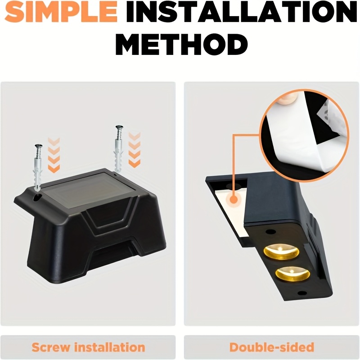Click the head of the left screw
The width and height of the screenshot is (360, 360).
pyautogui.click(x=39, y=146)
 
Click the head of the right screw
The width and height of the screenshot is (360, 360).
pyautogui.click(x=119, y=127)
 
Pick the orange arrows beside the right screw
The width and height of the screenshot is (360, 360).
pyautogui.click(x=134, y=150)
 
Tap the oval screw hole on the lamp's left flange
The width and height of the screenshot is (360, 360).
pyautogui.click(x=37, y=198)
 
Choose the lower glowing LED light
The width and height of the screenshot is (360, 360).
pyautogui.click(x=292, y=274)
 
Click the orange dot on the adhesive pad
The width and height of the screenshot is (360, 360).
pyautogui.click(x=234, y=199)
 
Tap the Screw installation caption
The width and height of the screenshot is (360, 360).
pyautogui.click(x=88, y=347)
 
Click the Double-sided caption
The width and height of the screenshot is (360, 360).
pyautogui.click(x=272, y=347)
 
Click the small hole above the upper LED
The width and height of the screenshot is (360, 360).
pyautogui.click(x=270, y=231)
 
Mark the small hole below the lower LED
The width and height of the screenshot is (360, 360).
pyautogui.click(x=302, y=293)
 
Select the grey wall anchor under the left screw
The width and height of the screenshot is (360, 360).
pyautogui.click(x=37, y=175)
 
